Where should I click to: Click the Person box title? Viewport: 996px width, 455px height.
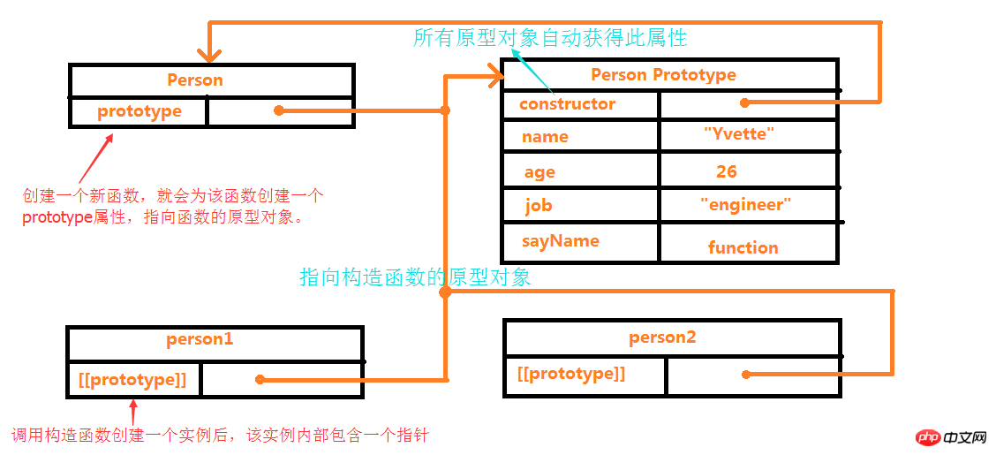point(195,80)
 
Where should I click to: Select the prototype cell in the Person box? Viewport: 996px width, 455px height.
point(140,111)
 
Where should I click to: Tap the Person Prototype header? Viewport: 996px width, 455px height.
point(663,75)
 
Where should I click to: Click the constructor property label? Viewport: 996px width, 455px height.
point(567,104)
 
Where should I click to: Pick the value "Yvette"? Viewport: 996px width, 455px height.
point(739,134)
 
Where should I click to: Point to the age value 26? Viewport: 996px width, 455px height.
point(727,171)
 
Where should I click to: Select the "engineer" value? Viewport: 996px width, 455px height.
point(745,205)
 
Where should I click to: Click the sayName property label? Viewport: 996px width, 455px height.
point(561,241)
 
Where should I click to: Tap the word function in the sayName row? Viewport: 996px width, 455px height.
point(743,248)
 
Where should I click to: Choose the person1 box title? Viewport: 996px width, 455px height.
point(200,339)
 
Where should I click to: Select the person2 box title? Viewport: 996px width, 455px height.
point(663,337)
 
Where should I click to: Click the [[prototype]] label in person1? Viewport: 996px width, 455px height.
point(132,380)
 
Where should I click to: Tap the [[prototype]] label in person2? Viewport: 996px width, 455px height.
point(571,374)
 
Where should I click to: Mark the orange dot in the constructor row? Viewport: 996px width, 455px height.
point(744,102)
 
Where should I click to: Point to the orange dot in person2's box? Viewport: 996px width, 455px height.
point(746,375)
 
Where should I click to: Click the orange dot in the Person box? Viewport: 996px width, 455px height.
point(278,110)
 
